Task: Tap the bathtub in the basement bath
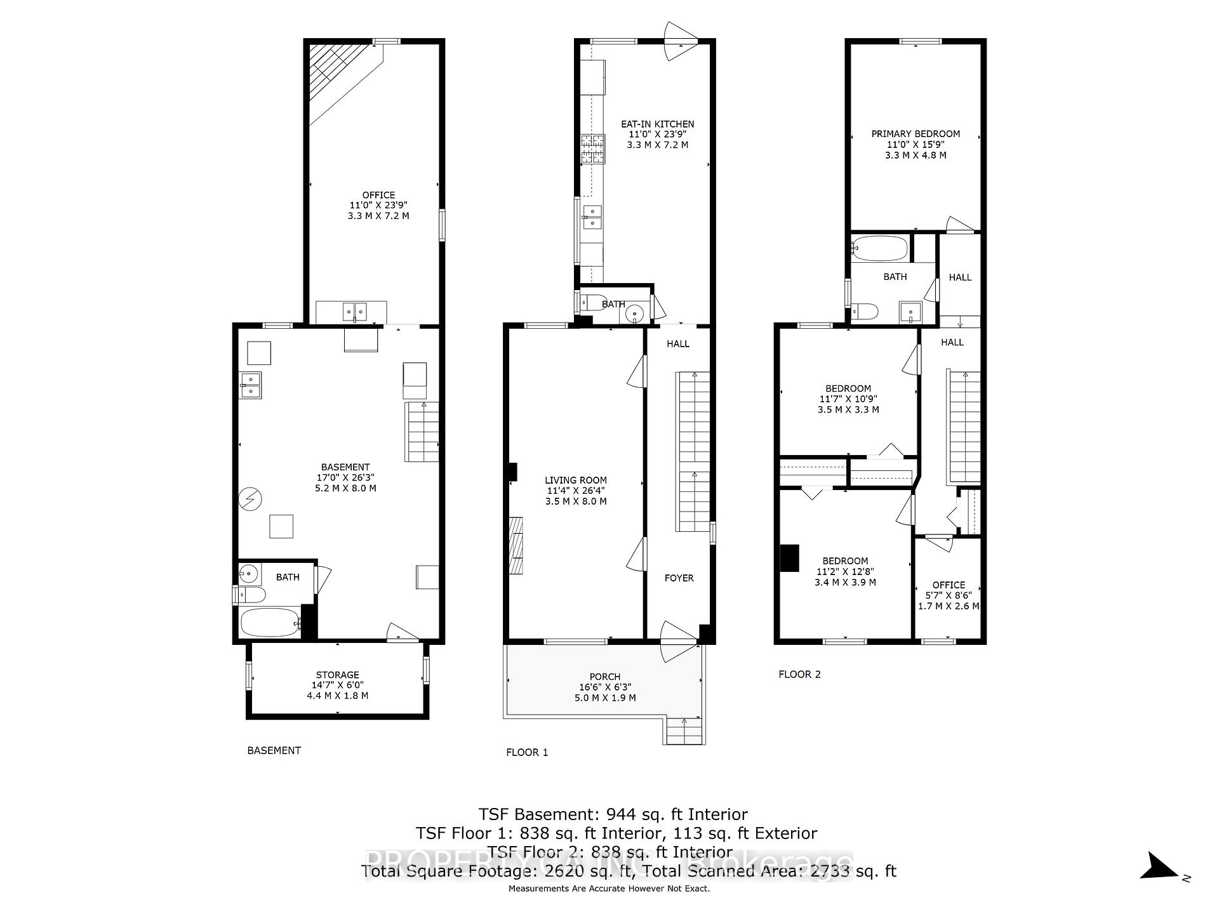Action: [x=270, y=623]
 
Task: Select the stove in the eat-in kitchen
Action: [x=592, y=150]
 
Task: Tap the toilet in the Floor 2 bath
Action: [x=865, y=312]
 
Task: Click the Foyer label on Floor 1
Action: [x=679, y=578]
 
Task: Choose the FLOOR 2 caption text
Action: [x=799, y=674]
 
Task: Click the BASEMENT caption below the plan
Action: [x=274, y=750]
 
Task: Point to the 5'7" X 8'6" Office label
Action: [x=949, y=595]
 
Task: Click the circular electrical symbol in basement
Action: [x=250, y=499]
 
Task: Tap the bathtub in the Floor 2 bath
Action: [x=880, y=248]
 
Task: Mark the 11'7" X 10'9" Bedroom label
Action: [x=848, y=399]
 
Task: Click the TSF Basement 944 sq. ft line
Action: [x=613, y=814]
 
